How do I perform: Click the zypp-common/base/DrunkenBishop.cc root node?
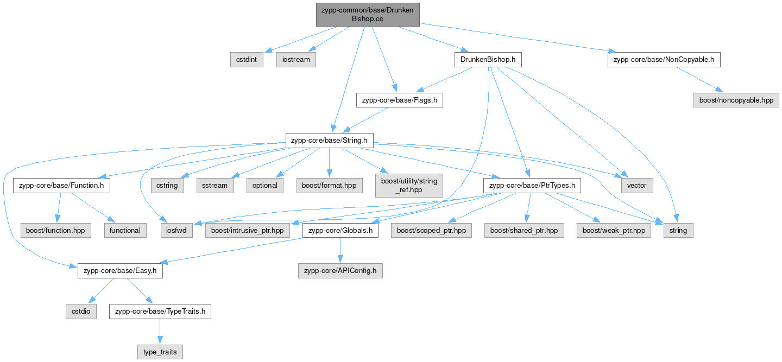[x=368, y=14]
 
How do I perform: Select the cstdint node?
[x=247, y=59]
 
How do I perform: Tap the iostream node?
[x=296, y=59]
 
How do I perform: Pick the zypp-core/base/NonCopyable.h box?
[x=664, y=59]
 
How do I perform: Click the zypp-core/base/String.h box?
[x=329, y=141]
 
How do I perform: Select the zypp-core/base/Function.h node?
[x=61, y=186]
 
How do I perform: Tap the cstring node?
[x=167, y=186]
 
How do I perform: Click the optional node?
[x=265, y=186]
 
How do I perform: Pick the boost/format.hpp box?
[x=330, y=186]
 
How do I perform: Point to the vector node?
[x=637, y=186]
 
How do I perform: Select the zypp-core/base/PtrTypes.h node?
[x=532, y=186]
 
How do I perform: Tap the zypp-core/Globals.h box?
[x=340, y=230]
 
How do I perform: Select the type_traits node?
[x=160, y=352]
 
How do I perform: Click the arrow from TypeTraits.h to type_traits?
[x=160, y=332]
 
